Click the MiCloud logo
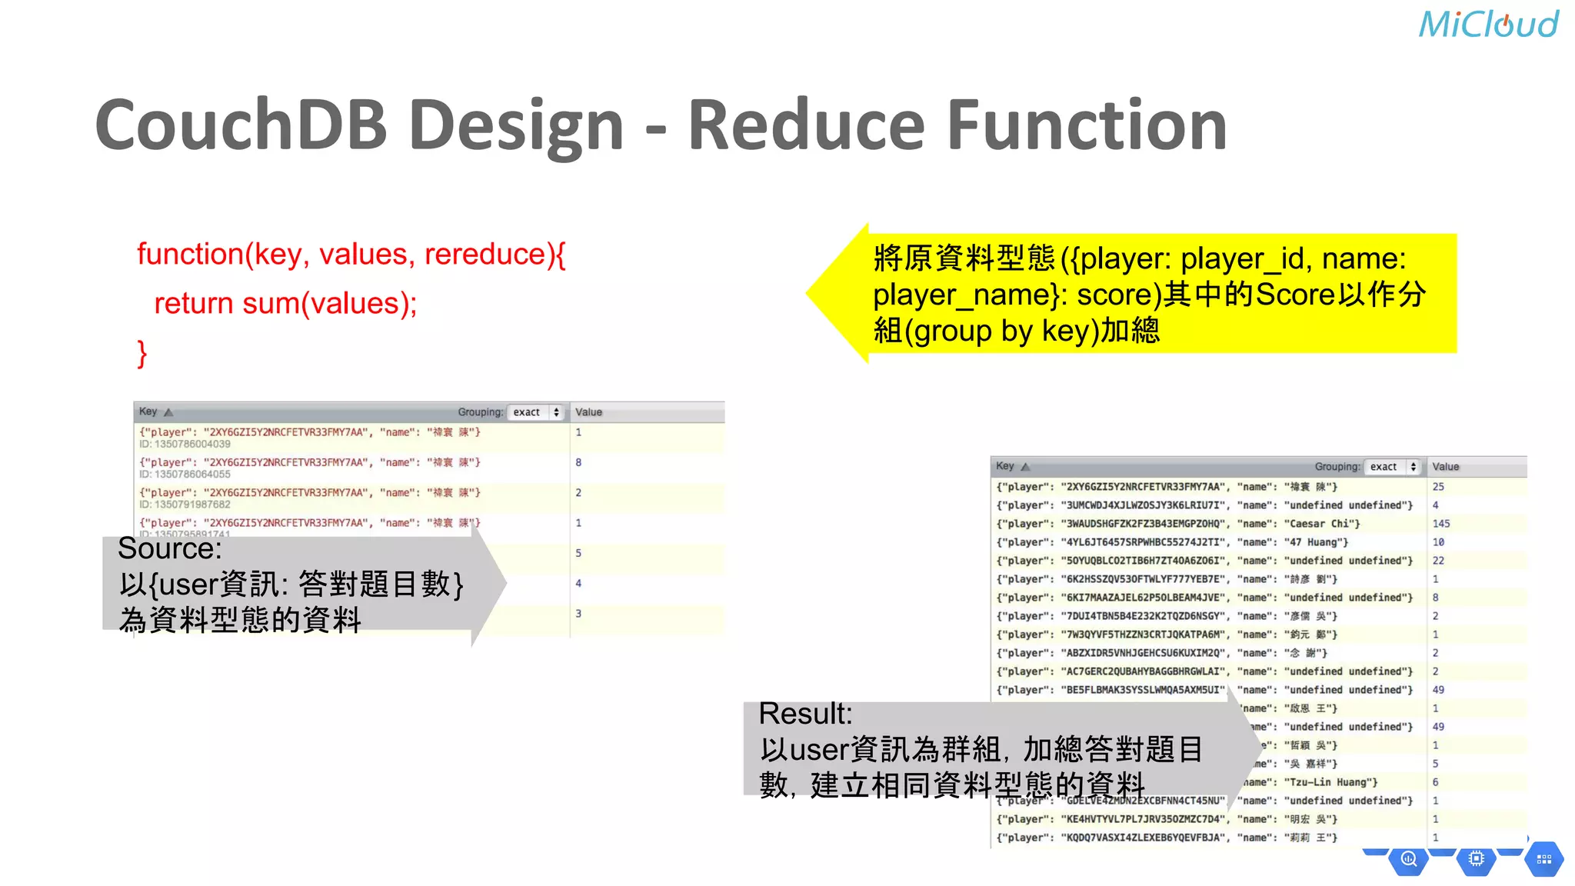(x=1488, y=25)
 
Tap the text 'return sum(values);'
(x=285, y=304)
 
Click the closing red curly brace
(x=142, y=354)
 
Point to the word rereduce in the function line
(x=485, y=254)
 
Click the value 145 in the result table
(x=1440, y=524)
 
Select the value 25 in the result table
(x=1438, y=487)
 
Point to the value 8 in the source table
(x=578, y=462)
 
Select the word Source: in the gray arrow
(x=170, y=548)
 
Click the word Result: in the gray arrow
(x=805, y=714)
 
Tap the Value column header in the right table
(x=1445, y=467)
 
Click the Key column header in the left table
(x=148, y=411)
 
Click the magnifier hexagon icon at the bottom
(x=1408, y=859)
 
